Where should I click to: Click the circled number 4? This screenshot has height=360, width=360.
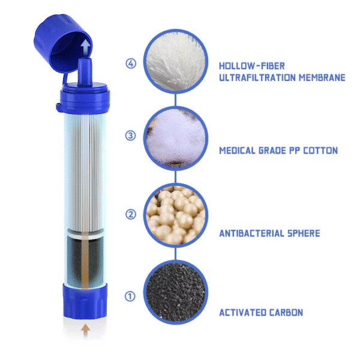tap(131, 64)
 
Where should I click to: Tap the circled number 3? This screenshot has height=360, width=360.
tap(130, 136)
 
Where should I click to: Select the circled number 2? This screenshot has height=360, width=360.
tap(131, 214)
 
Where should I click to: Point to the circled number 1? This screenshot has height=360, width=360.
tap(130, 296)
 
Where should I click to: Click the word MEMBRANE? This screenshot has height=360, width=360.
tap(322, 77)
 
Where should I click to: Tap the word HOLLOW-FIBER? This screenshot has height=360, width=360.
tap(252, 66)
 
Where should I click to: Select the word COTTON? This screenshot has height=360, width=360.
tap(320, 151)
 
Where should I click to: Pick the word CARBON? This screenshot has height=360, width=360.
tap(286, 313)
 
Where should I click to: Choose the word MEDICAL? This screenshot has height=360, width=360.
tap(238, 151)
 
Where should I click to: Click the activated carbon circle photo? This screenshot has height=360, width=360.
tap(176, 292)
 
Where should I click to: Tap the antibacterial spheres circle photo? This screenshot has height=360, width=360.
tap(176, 215)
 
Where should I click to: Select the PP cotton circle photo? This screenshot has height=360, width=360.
tap(176, 139)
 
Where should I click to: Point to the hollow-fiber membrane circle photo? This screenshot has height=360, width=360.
tap(176, 61)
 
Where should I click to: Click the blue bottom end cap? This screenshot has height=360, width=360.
tap(85, 301)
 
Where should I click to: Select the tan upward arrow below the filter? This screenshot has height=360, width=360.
tap(85, 330)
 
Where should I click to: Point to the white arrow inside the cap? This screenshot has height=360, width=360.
tap(85, 47)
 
